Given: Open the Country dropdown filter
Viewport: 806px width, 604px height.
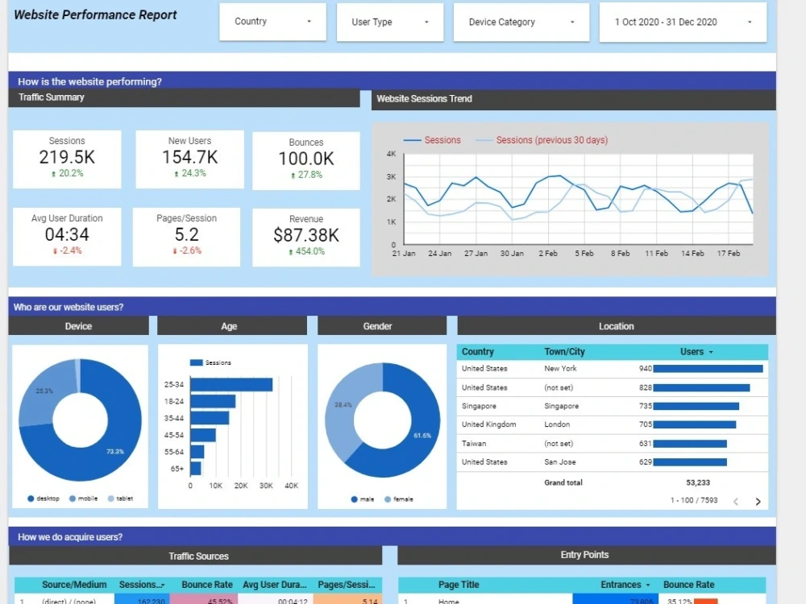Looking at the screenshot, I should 272,22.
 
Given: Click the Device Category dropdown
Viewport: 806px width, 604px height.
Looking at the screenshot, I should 521,22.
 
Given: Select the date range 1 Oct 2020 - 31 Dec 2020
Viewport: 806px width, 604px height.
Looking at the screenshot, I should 681,22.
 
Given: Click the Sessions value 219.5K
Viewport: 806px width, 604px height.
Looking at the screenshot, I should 67,157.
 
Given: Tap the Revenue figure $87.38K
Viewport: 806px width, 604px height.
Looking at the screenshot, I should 306,235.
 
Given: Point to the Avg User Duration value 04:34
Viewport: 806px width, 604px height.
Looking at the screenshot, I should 67,234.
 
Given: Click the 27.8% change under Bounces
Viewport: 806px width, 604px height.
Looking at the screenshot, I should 306,175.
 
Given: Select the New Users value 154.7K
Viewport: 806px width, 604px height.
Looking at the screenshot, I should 189,157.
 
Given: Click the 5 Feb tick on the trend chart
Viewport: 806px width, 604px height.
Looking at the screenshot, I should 584,253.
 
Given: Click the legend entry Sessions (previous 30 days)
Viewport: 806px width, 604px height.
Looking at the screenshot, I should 551,140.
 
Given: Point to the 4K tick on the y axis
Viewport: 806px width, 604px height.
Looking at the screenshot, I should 391,154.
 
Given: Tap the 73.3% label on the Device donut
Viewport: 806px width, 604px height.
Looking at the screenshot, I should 114,452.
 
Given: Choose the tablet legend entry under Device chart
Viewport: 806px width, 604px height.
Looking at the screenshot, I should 124,499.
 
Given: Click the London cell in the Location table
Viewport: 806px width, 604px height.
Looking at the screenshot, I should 557,424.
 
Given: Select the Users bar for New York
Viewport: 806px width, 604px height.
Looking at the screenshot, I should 708,369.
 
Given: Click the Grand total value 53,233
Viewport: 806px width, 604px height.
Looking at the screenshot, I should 698,482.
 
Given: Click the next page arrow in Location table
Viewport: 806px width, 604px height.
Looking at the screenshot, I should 758,502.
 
